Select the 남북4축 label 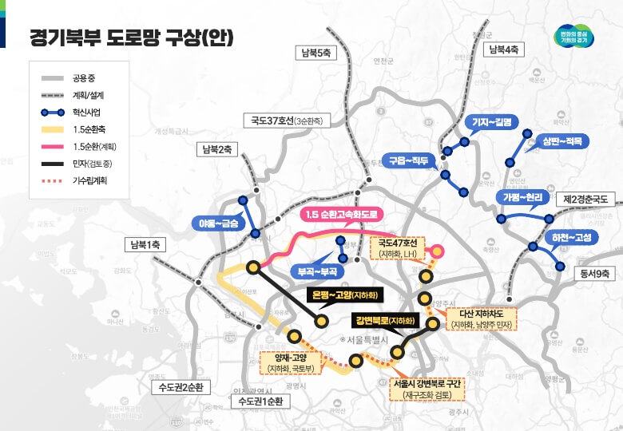point(504,49)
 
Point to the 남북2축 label point(216,148)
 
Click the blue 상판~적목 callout point(561,141)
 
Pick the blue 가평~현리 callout point(522,197)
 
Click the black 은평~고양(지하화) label point(345,296)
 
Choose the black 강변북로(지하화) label point(386,321)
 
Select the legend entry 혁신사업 point(85,112)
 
